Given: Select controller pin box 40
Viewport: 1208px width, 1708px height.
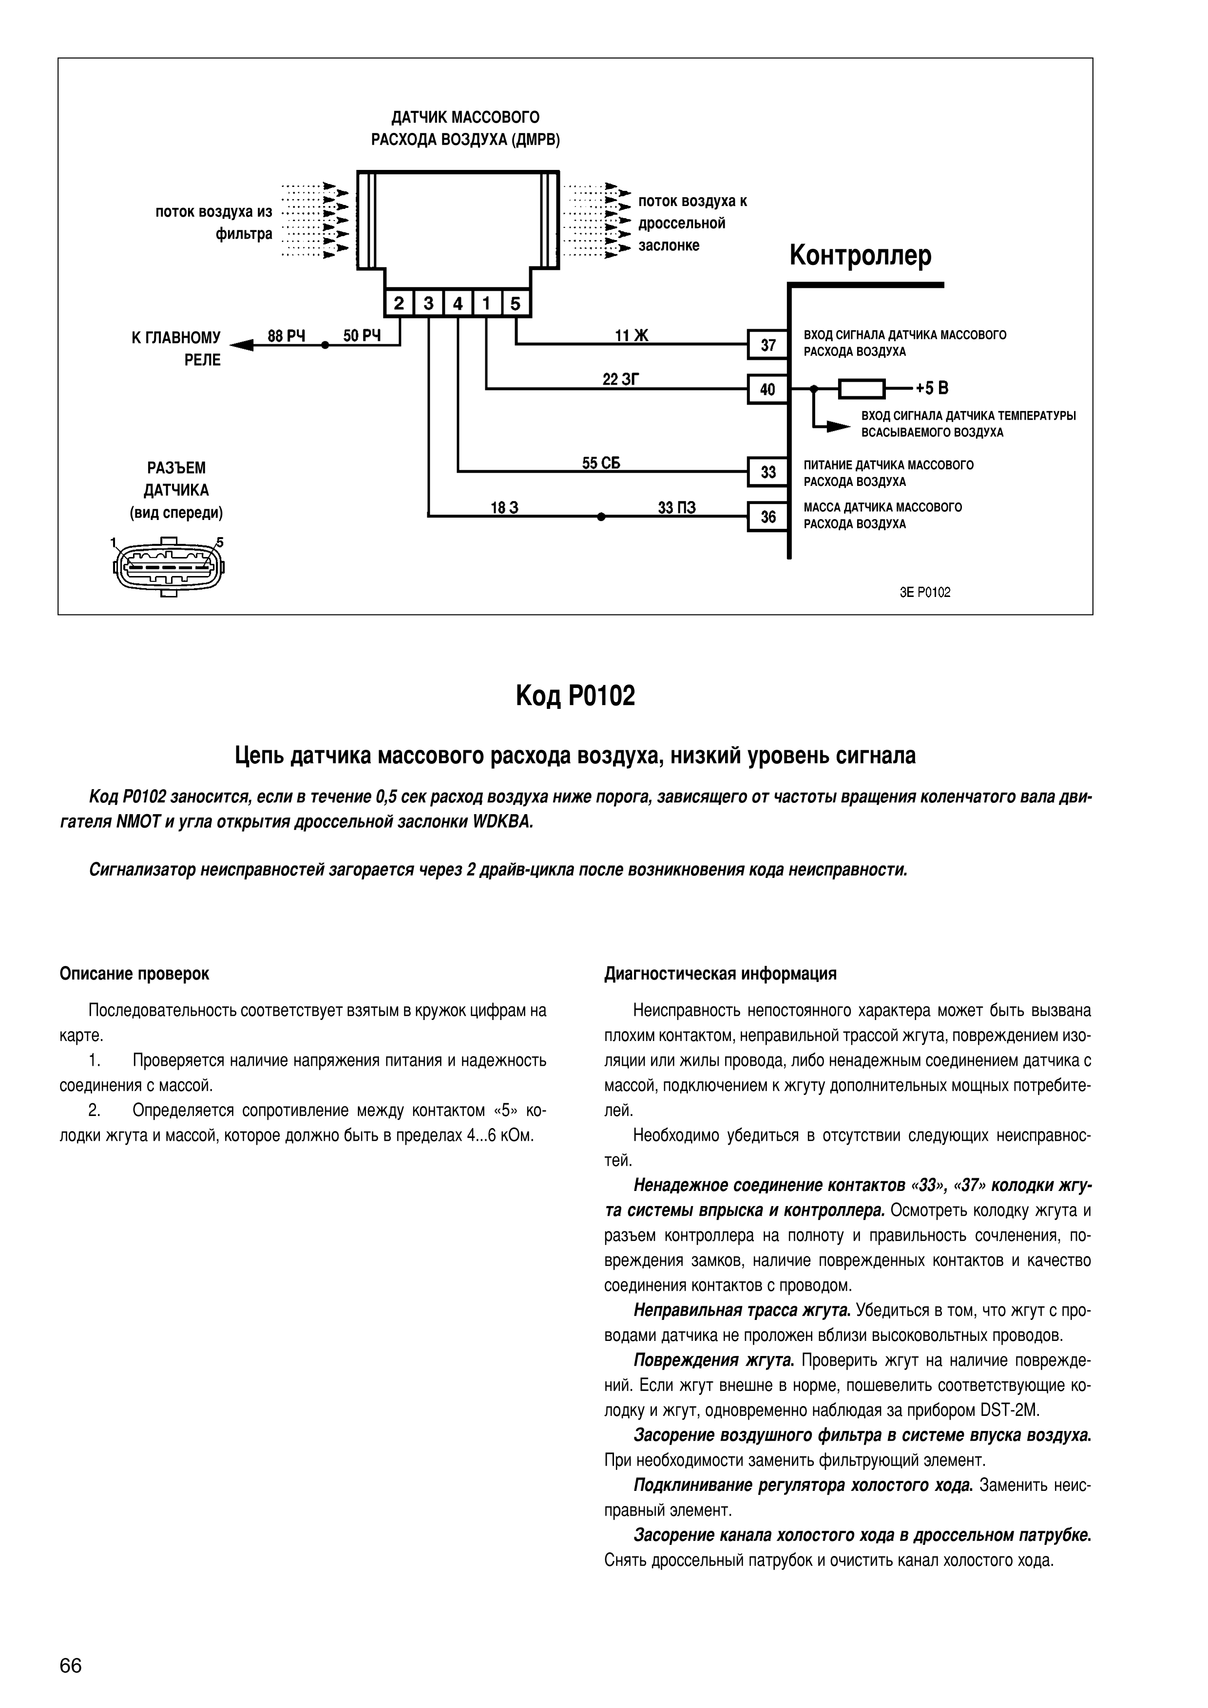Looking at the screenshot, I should (767, 389).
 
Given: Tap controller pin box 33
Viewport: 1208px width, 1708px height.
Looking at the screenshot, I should (767, 472).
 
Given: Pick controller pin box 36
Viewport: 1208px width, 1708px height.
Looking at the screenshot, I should (767, 516).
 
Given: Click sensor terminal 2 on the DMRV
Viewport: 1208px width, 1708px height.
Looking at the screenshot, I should (399, 303).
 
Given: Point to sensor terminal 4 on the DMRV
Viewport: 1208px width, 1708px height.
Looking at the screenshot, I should (457, 303).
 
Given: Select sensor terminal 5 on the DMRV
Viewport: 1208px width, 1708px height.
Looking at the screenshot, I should (515, 303).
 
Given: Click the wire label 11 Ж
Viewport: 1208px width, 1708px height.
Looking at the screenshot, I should (631, 335).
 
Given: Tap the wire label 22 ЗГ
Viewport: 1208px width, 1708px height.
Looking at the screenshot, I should (621, 379).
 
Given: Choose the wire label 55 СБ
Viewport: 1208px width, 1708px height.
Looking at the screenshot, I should (601, 463).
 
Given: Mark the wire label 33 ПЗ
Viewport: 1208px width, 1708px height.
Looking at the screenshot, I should (676, 507).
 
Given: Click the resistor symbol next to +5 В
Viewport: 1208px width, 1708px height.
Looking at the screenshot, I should (862, 389).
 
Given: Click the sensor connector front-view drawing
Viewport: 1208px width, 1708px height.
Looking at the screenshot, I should (169, 567).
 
